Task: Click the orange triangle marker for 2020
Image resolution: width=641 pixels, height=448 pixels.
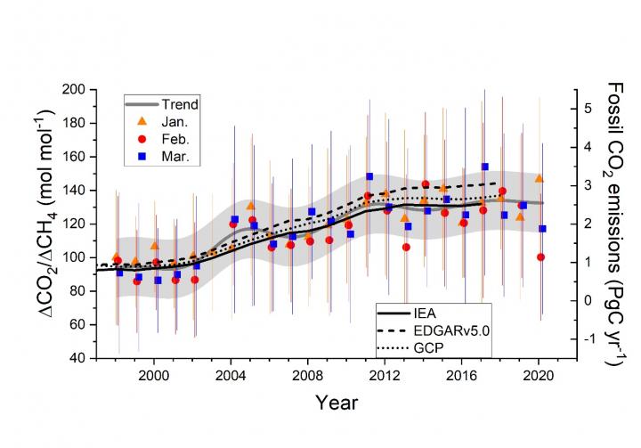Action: (x=539, y=178)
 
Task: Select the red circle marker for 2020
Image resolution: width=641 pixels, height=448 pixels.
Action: (x=540, y=257)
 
